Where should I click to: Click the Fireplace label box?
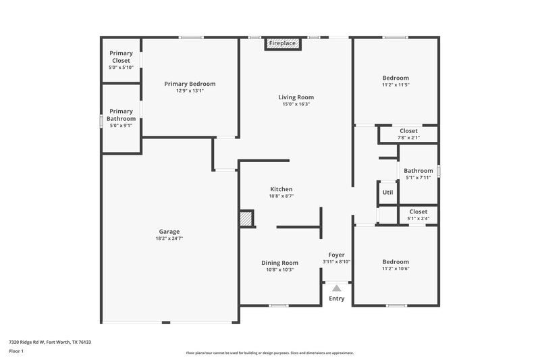point(282,43)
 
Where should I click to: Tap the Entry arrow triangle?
point(336,288)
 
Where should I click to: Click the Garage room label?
point(169,232)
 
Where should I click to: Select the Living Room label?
point(296,97)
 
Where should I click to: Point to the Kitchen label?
point(281,189)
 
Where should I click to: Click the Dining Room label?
point(279,262)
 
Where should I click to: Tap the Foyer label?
point(336,255)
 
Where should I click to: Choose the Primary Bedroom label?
point(190,84)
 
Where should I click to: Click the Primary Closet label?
point(122,57)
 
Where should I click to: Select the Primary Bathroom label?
point(121,115)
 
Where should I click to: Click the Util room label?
point(387,192)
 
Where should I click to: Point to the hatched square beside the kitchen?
point(246,218)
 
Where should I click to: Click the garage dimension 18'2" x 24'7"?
point(169,238)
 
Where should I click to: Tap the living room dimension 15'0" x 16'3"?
point(296,105)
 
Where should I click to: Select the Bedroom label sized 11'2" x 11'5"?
point(396,78)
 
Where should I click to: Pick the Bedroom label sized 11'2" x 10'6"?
point(396,262)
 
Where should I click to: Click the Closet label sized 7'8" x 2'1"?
point(408,131)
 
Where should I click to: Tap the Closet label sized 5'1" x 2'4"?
point(418,211)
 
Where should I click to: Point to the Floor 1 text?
point(16,352)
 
